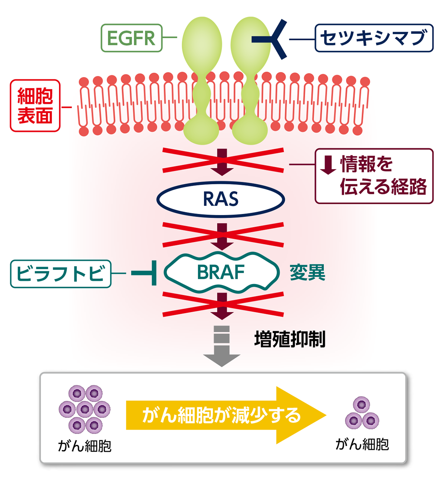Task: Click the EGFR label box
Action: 132,38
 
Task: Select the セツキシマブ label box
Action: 374,38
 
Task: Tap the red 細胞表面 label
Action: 35,106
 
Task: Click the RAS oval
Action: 221,199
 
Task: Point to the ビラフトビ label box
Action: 60,274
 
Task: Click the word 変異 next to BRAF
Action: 307,273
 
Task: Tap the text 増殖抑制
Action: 290,339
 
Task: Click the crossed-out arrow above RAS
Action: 222,161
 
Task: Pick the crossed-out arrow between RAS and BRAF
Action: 222,235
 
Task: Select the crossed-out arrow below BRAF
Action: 222,305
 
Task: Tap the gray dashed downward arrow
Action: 222,347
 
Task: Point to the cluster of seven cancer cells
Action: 85,409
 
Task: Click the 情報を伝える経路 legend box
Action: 374,176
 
